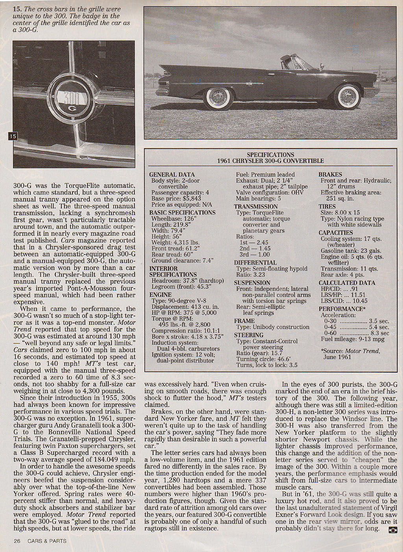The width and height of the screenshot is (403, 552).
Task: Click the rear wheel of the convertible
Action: pyautogui.click(x=218, y=97)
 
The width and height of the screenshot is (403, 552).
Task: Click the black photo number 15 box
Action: pyautogui.click(x=13, y=136)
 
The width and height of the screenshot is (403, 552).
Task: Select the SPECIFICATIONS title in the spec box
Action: pyautogui.click(x=270, y=155)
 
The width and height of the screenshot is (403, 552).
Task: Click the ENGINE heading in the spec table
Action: pyautogui.click(x=161, y=295)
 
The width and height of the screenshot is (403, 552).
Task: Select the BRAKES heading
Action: pyautogui.click(x=330, y=174)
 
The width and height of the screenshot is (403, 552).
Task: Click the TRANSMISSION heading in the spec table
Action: pyautogui.click(x=256, y=207)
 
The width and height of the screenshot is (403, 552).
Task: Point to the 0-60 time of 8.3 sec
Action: pyautogui.click(x=379, y=333)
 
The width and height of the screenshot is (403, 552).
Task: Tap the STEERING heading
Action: pyautogui.click(x=249, y=335)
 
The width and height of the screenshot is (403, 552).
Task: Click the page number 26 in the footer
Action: pyautogui.click(x=17, y=541)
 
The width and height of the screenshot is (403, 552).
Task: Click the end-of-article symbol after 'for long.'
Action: pyautogui.click(x=392, y=529)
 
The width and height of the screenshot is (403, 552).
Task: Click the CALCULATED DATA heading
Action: pyautogui.click(x=347, y=283)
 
